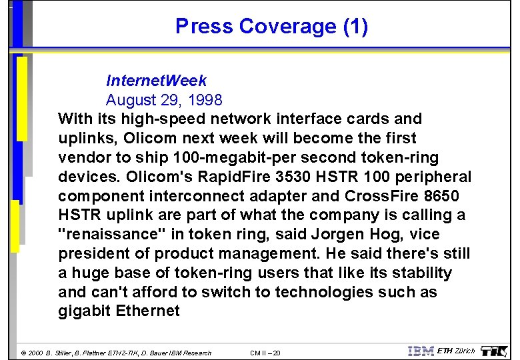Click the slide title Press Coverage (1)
271,27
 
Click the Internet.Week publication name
156,81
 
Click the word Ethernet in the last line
149,311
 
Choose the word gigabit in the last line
85,311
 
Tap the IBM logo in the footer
420,351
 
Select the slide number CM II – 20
265,353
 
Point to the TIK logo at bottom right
494,351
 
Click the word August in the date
132,101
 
